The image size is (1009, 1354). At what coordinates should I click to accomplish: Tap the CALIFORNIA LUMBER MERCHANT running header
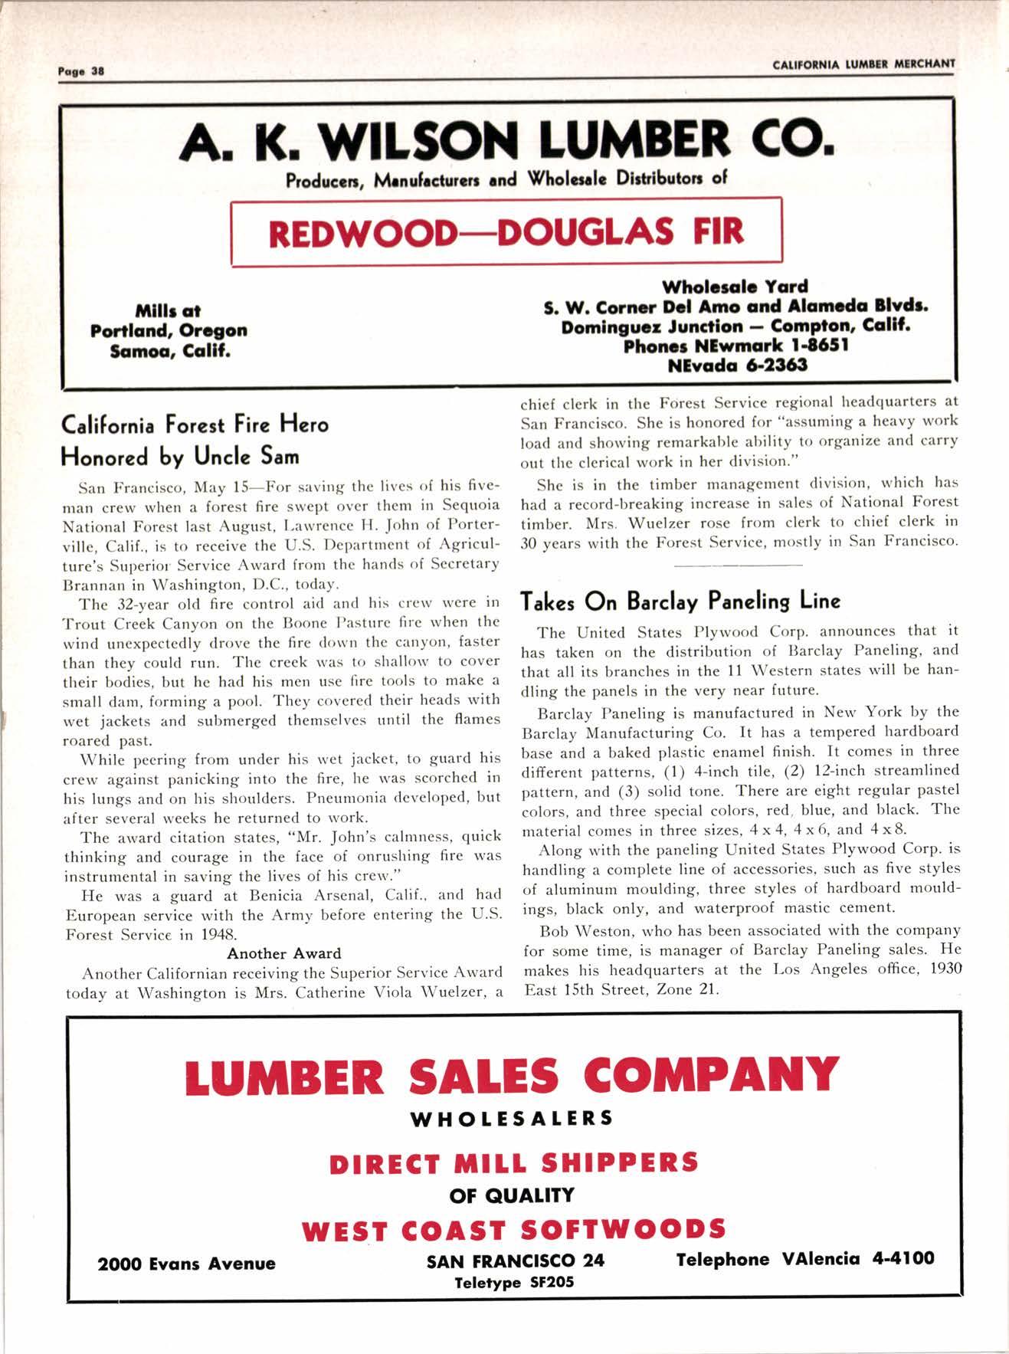pos(863,64)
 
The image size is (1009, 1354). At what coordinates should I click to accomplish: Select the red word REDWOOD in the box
pos(361,232)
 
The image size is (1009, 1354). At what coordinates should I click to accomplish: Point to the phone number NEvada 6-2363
pos(737,365)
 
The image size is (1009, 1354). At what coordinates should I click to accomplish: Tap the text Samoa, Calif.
pos(169,351)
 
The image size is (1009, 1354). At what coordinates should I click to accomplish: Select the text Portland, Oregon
pos(169,331)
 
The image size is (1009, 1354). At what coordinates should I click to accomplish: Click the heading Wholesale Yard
pos(735,287)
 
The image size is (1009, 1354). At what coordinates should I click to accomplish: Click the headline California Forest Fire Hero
pos(195,425)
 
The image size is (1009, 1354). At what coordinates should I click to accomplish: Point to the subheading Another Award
pos(283,953)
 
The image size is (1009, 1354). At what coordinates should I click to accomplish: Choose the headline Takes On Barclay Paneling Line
pos(680,601)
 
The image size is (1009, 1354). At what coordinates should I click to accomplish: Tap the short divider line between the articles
pos(739,566)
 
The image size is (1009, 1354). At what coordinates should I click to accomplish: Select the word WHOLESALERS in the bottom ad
pos(512,1118)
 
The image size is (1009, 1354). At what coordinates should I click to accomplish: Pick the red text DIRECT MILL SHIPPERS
pos(513,1162)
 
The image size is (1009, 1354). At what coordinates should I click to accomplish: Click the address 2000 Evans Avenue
pos(186,1264)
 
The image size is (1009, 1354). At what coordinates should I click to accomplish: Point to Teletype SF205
pos(514,1283)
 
